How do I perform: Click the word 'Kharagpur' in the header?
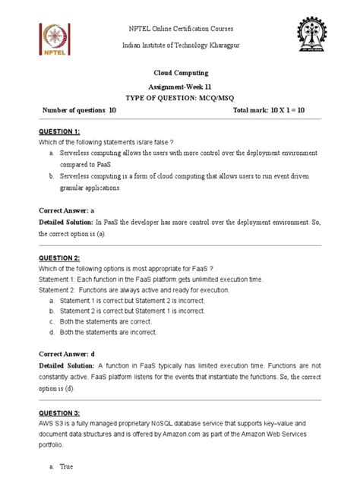(x=240, y=46)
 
